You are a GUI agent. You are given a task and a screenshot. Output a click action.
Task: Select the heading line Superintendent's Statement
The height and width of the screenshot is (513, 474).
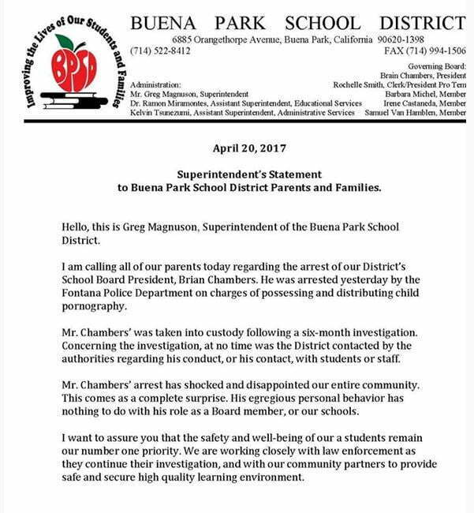248,174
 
